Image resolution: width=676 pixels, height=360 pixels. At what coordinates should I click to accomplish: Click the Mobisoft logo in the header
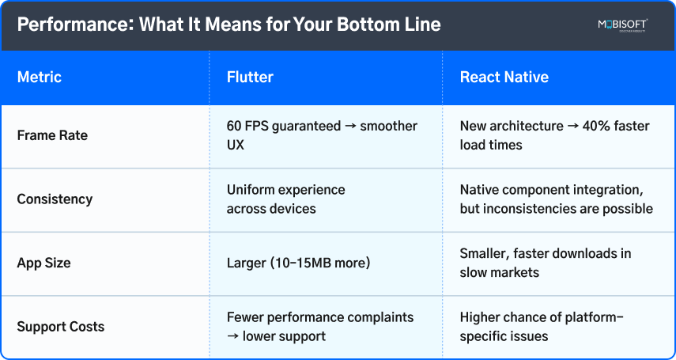[x=622, y=25]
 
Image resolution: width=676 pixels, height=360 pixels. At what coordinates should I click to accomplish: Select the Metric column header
[x=39, y=78]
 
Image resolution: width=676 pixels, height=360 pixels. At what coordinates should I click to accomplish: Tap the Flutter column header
[x=250, y=78]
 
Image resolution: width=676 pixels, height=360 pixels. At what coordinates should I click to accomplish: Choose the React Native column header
[x=504, y=78]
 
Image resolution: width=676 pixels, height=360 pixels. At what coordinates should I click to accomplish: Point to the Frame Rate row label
[x=52, y=135]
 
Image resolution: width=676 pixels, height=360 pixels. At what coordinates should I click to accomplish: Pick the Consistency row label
[x=55, y=199]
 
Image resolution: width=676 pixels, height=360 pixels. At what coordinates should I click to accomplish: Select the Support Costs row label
[x=60, y=327]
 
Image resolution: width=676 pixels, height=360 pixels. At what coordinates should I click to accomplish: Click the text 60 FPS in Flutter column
[x=247, y=127]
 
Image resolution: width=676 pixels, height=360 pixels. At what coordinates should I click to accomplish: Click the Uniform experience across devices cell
[x=285, y=199]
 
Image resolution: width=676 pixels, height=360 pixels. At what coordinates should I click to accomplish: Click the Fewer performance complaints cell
[x=319, y=327]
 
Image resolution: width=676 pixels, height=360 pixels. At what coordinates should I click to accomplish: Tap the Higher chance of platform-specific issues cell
[x=542, y=327]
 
